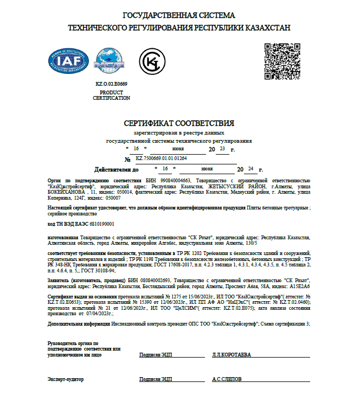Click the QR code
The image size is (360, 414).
point(281,61)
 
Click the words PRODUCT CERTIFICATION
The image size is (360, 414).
point(111,95)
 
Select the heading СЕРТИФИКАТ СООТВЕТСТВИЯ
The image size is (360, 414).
point(179,123)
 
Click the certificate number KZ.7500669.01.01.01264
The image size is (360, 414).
point(161,158)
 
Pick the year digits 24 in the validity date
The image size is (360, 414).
point(249,169)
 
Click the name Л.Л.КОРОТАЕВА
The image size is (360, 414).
point(232,354)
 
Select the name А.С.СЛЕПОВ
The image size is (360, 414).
point(227,379)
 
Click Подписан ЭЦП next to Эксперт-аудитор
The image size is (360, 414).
point(156,379)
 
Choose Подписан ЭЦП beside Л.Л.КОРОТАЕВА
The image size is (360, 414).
point(156,354)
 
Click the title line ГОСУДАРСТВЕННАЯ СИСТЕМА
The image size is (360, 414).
point(179,15)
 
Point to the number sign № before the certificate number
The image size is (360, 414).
point(128,160)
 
